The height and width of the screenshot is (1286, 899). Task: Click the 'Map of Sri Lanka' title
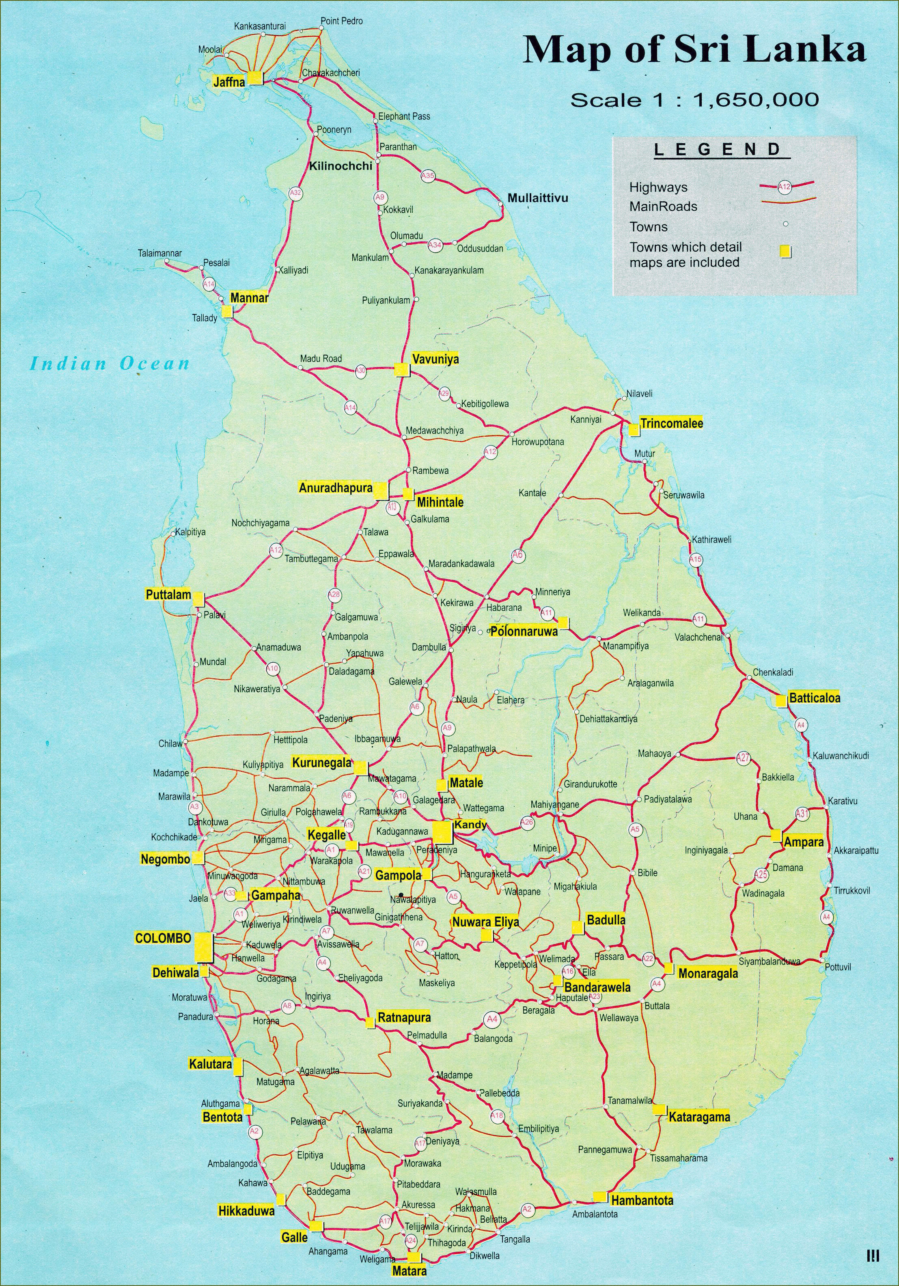tap(694, 50)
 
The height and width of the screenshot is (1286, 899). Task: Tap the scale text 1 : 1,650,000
tap(694, 100)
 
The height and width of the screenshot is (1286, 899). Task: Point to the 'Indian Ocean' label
tap(110, 364)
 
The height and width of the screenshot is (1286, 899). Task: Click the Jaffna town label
tap(229, 82)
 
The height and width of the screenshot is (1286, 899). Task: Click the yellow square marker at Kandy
tap(442, 832)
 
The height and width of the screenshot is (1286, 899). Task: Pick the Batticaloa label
tap(815, 698)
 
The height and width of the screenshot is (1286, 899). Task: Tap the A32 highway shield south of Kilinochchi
tap(295, 193)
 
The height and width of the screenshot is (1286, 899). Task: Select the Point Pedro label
tap(342, 21)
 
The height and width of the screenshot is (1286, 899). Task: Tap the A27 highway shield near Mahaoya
tap(743, 758)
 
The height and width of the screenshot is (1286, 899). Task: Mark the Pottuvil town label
tap(838, 967)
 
